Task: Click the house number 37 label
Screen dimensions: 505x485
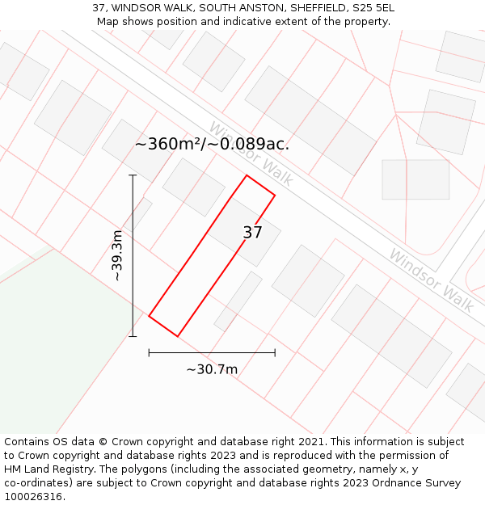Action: pos(252,233)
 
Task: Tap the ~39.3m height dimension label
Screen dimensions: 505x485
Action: pos(117,255)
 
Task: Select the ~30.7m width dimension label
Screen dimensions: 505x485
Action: pos(212,369)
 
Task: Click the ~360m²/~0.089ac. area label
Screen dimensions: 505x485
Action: pos(212,144)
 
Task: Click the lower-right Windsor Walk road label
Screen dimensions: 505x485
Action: pos(431,280)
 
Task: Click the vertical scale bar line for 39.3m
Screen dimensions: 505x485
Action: pos(133,255)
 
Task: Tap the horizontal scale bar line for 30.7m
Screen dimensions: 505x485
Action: pos(212,352)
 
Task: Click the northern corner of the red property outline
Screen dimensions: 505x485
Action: pos(247,175)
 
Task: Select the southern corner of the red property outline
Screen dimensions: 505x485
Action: pos(177,336)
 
